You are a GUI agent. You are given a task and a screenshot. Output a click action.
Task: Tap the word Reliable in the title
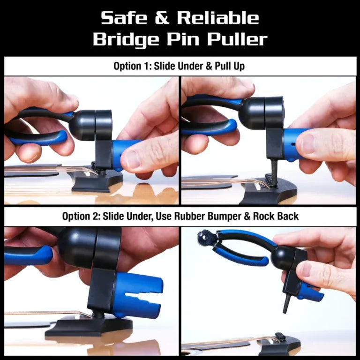point(218,18)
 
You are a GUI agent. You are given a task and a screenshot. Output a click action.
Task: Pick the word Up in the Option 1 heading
point(238,66)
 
